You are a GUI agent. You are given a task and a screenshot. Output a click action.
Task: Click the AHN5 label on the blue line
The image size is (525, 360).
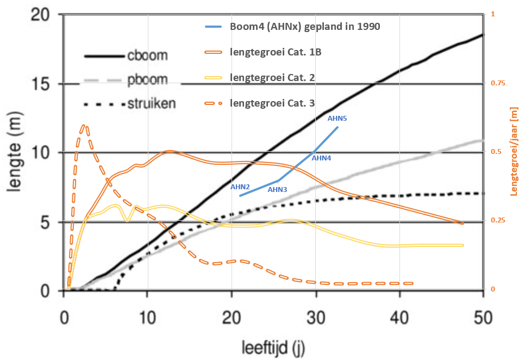337,118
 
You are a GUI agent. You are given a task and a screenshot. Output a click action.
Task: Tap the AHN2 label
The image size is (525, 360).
240,187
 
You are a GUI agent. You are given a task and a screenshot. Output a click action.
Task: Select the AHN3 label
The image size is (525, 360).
277,190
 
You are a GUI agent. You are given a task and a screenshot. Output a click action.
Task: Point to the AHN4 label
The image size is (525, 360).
321,158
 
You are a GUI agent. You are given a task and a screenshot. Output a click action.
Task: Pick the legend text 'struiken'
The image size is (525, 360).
152,103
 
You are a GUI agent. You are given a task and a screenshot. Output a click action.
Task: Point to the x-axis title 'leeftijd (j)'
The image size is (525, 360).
273,346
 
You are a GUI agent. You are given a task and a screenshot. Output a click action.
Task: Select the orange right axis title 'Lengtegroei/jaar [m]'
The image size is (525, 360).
514,151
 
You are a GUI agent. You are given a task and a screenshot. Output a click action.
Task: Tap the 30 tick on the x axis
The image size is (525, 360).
315,316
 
